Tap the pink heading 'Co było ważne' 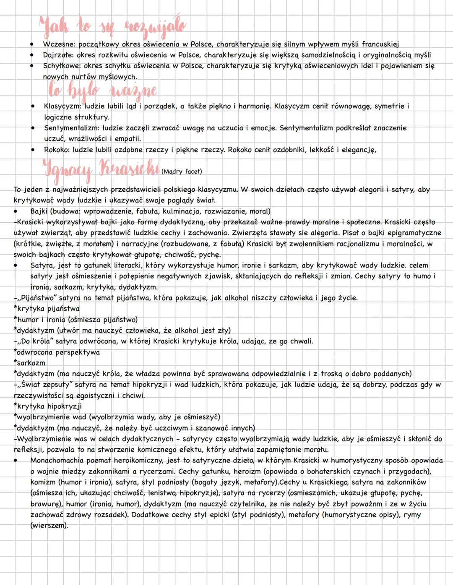pyautogui.click(x=102, y=89)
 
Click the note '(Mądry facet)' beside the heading pyautogui.click(x=182, y=172)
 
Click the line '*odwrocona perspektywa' pyautogui.click(x=57, y=352)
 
